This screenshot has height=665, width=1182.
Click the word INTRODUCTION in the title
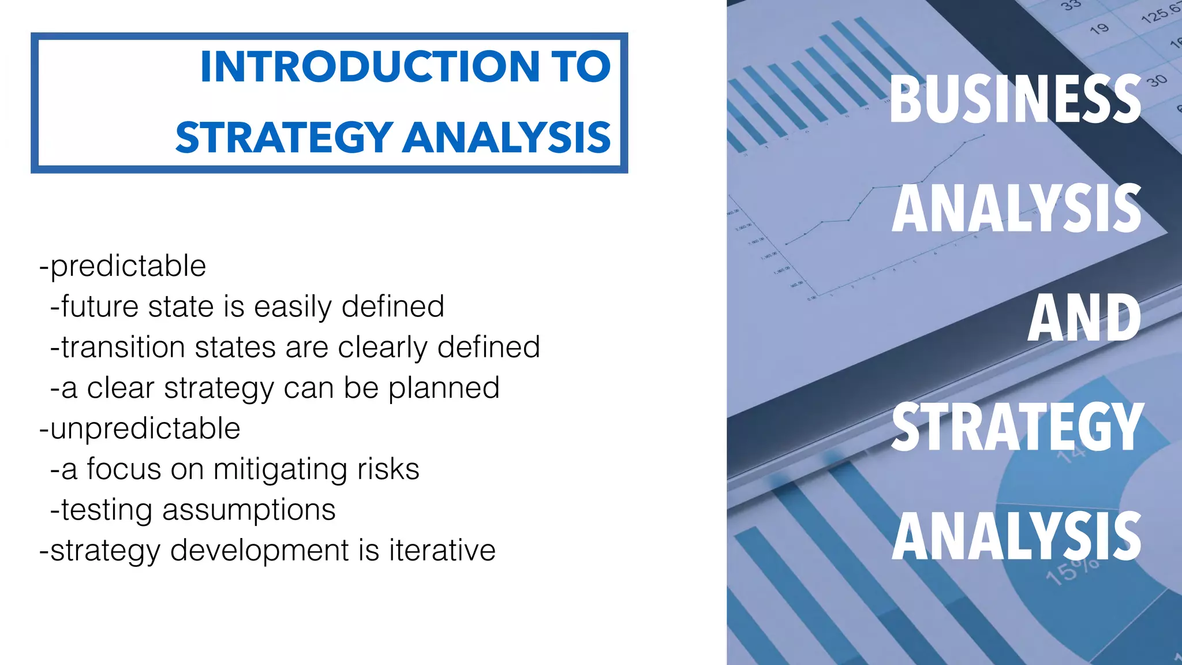[369, 67]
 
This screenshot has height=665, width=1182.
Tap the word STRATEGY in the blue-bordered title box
[284, 139]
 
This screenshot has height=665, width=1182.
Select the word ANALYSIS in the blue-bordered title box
[507, 139]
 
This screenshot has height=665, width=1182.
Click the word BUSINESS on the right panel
[1015, 100]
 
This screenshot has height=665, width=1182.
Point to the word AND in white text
[1084, 318]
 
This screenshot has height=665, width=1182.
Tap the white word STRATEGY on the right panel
[1017, 427]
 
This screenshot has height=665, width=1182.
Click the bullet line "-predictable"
[122, 267]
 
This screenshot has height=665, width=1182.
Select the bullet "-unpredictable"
[139, 429]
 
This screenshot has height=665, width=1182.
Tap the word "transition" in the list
[123, 348]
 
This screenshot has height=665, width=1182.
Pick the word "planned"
[443, 388]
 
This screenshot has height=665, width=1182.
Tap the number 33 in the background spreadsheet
[1071, 5]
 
